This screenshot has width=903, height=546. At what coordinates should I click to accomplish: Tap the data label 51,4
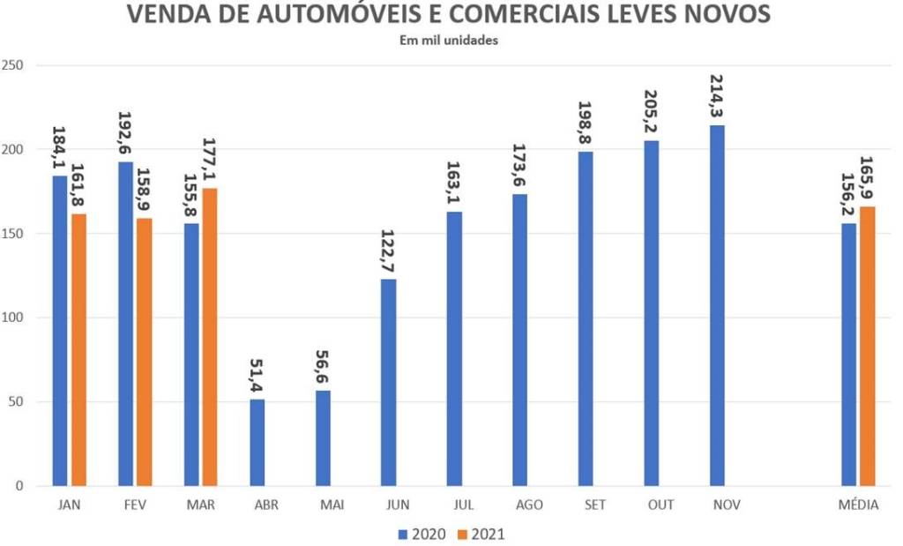pyautogui.click(x=257, y=372)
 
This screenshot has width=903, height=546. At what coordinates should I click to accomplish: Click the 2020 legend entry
pyautogui.click(x=422, y=534)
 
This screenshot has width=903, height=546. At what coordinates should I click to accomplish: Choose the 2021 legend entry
pyautogui.click(x=481, y=534)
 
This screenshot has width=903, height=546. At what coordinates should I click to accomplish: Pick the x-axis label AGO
pyautogui.click(x=528, y=505)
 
